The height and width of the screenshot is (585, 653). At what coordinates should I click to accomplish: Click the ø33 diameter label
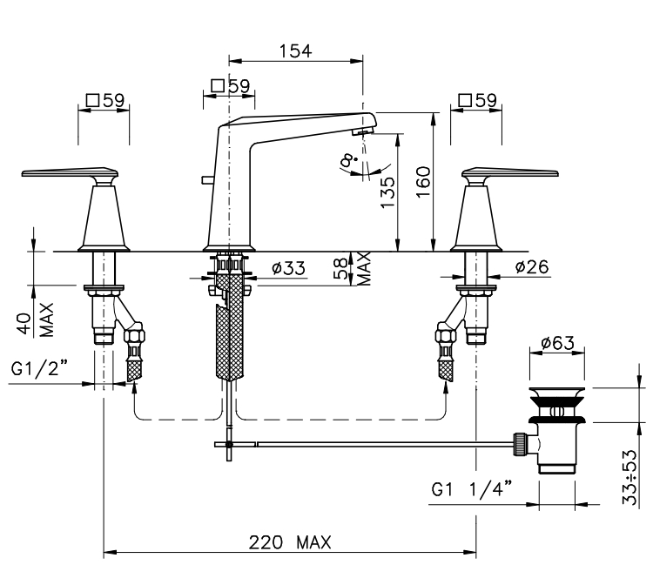point(288,269)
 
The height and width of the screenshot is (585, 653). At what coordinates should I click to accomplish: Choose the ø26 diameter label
point(531,269)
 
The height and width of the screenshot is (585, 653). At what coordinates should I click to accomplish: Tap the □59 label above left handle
point(104,100)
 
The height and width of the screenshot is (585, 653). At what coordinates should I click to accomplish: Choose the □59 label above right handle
point(477,100)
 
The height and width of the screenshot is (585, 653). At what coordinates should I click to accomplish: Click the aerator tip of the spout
point(357,131)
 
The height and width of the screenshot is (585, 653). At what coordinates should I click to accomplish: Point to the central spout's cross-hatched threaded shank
point(229,331)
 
